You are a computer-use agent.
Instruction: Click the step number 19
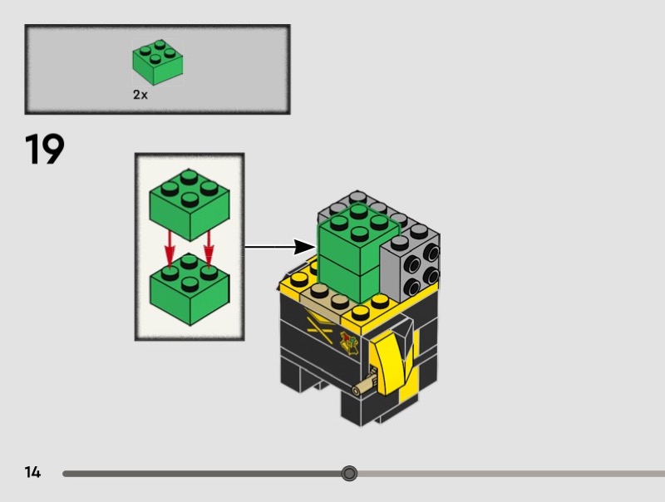pos(45,150)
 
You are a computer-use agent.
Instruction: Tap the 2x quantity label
pos(140,95)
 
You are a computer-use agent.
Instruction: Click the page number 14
pos(32,473)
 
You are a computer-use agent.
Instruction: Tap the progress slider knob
pos(349,474)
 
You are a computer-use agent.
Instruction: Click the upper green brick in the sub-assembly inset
pos(190,202)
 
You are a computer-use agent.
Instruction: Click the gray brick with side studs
pos(411,262)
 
